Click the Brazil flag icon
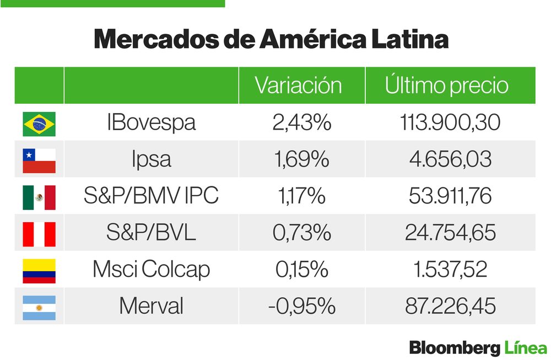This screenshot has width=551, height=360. [39, 123]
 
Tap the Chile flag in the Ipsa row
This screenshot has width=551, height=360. [39, 160]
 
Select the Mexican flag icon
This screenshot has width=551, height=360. [39, 197]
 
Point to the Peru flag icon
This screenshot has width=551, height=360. [39, 234]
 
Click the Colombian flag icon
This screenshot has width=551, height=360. [39, 271]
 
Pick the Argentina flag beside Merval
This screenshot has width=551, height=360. [39, 307]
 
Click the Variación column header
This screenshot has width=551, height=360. [298, 85]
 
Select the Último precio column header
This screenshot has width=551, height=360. [446, 85]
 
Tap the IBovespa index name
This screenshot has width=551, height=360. [151, 122]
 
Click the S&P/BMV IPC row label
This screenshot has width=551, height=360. [151, 196]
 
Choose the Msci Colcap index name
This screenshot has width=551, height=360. [151, 270]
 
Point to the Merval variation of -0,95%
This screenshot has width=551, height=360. [301, 307]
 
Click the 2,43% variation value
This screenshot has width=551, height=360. [301, 122]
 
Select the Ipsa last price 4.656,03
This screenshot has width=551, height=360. [450, 159]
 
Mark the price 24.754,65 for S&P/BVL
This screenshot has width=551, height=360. [450, 233]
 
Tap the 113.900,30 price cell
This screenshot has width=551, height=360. [450, 122]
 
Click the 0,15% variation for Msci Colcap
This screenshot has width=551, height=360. [301, 270]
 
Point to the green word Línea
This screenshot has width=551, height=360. [526, 348]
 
